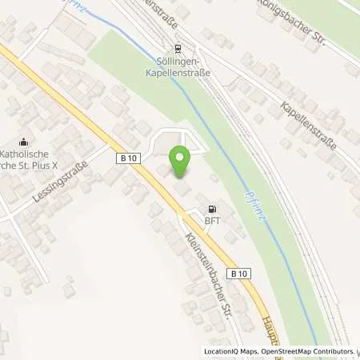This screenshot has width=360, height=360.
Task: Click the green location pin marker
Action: tap(180, 162)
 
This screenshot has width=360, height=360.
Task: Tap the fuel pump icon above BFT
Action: tap(210, 205)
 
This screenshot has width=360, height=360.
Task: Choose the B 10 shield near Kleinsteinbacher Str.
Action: tap(237, 274)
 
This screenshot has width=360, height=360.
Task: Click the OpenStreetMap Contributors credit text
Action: tap(305, 351)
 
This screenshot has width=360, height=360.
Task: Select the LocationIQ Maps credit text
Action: tap(228, 351)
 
